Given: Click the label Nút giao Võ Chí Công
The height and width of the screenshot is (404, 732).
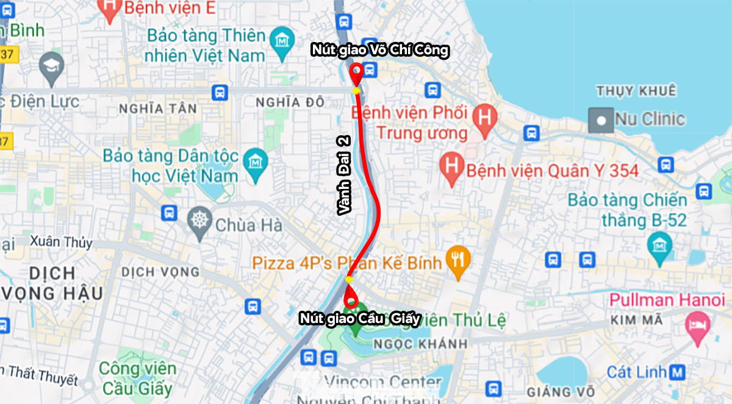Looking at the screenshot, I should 379,51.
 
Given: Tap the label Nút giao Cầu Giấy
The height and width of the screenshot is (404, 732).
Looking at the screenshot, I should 360,318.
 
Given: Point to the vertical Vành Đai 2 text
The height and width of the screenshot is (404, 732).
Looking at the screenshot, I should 345,175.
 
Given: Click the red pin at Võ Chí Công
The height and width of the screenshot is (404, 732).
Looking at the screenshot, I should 356,74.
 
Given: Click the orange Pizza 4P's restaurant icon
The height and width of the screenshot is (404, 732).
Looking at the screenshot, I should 457,260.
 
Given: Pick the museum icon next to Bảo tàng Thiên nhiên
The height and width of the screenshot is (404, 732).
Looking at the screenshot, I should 281,40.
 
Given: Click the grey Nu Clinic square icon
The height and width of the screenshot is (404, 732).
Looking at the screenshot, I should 601,120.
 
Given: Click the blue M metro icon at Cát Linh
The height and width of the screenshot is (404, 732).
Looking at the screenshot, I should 676,371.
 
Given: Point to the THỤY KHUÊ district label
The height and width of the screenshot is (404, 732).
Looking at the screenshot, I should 636,91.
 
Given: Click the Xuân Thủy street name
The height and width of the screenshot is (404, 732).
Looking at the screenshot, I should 61,242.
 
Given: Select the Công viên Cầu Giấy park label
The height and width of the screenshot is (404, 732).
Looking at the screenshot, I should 138,378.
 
